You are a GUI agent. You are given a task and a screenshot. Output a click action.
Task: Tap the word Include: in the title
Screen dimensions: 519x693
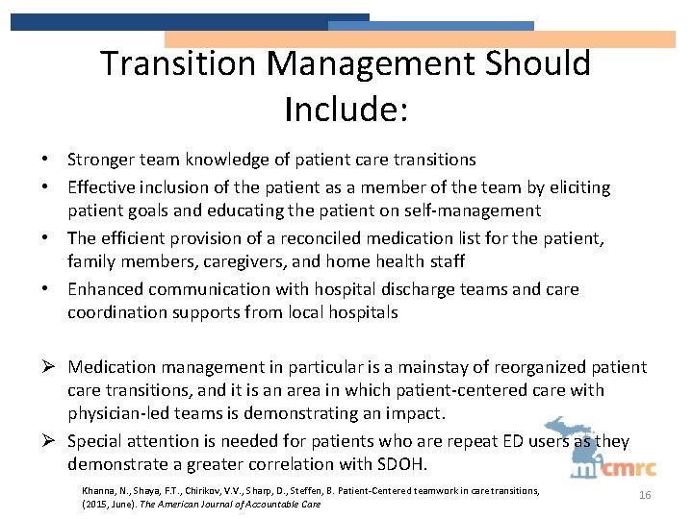coord(346,109)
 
